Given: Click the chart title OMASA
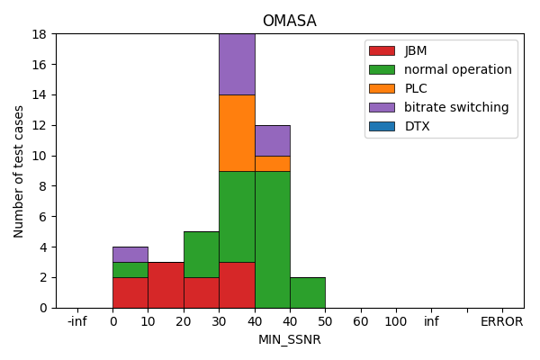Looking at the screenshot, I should tap(289, 21).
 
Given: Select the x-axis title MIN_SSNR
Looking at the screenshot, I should tap(289, 340).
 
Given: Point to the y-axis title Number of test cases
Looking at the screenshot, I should tap(19, 171).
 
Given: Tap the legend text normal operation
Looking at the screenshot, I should tap(457, 69).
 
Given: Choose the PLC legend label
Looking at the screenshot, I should tap(416, 88).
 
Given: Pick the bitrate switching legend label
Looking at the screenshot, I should tap(456, 107).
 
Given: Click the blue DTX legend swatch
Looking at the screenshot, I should tap(382, 126).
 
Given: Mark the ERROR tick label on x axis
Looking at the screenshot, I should tap(501, 321).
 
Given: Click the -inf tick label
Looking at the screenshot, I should tap(77, 321).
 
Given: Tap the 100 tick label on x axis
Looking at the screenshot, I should tap(395, 321).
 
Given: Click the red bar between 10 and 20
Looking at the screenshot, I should tap(166, 284).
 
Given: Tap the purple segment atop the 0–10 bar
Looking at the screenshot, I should tap(130, 254).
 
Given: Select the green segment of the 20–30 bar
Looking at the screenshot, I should tap(201, 254).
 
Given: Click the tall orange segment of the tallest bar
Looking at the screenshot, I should tap(237, 132).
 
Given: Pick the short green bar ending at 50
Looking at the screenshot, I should tap(307, 292).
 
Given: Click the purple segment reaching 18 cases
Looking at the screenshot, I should tap(237, 64).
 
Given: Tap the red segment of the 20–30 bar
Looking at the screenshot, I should tap(201, 292).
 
